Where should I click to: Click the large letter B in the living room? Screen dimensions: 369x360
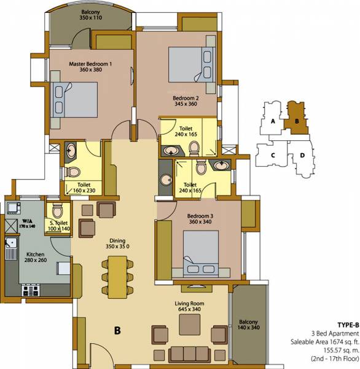[x=117, y=330]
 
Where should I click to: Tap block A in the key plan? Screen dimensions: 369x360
[x=271, y=121]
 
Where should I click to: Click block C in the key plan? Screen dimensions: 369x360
[x=272, y=154]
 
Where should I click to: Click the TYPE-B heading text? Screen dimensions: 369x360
[x=347, y=324]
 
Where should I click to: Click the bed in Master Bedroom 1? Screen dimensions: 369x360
[x=77, y=98]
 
